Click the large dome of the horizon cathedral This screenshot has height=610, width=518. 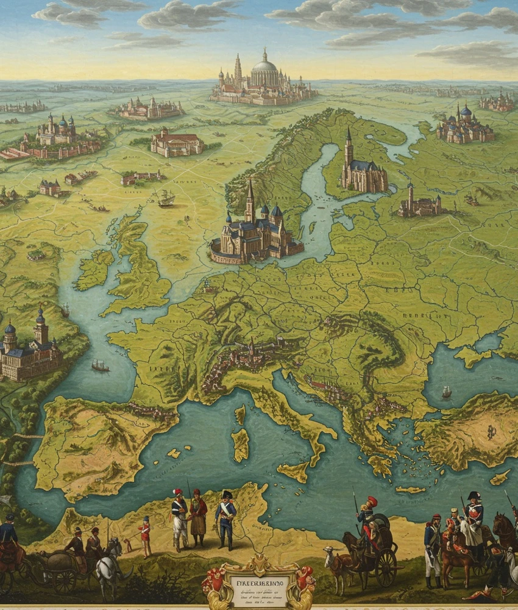(264, 66)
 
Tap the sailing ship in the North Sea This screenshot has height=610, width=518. (165, 197)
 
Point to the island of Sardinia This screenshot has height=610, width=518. (240, 444)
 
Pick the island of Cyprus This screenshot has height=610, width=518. (500, 478)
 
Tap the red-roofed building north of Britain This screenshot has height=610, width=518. (176, 143)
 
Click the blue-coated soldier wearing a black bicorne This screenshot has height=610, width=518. (225, 518)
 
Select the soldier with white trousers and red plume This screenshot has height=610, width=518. (179, 518)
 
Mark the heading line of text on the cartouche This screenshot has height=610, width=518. (259, 574)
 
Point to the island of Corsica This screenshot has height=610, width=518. (239, 415)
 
